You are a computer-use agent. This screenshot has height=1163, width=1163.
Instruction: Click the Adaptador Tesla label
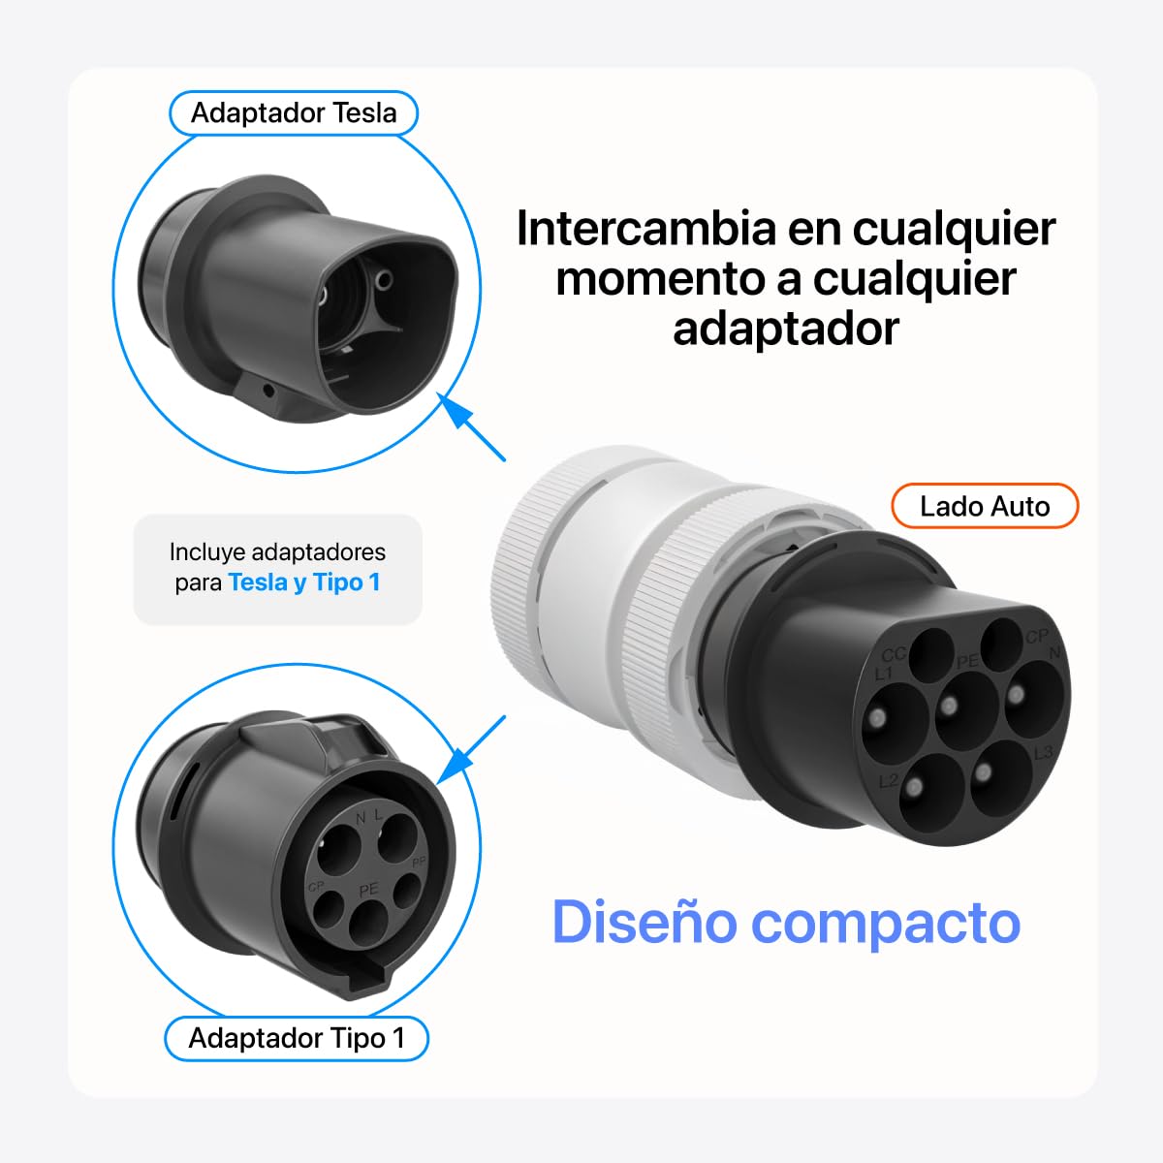(294, 112)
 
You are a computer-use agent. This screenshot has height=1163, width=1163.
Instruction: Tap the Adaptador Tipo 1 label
(297, 1038)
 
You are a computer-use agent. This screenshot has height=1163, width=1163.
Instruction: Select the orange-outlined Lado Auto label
(985, 506)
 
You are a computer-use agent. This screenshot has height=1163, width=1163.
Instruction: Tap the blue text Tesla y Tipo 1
(304, 582)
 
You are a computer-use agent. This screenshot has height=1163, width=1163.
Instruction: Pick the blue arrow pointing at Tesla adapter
(471, 426)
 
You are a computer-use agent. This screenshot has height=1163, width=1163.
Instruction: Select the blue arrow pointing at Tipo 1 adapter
(471, 750)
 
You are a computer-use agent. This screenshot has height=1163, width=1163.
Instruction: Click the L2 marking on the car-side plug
(889, 781)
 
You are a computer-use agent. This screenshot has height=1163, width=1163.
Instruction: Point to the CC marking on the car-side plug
(894, 655)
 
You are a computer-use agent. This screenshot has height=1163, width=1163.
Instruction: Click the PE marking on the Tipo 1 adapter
(368, 889)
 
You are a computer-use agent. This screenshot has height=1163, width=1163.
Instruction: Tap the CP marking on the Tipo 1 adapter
(316, 887)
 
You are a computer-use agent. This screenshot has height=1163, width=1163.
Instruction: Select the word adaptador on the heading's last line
(786, 329)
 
